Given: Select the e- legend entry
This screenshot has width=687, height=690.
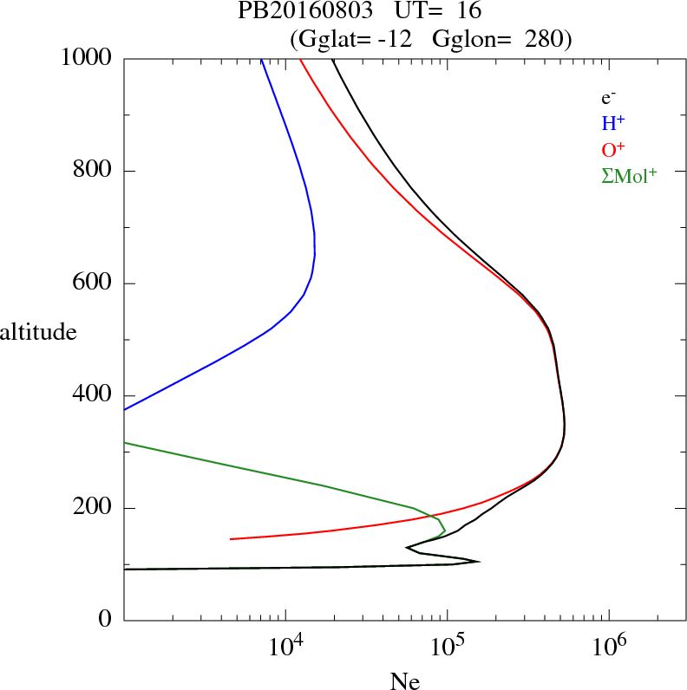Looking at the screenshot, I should click(x=608, y=98).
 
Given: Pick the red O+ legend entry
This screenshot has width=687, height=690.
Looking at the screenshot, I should click(x=612, y=150).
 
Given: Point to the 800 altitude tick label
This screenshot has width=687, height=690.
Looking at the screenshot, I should click(x=93, y=171).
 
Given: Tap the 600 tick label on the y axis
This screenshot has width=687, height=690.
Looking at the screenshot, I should click(x=93, y=283).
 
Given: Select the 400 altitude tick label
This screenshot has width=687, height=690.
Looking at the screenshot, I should click(x=93, y=395).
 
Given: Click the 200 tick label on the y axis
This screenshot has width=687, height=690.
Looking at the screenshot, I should click(x=93, y=508).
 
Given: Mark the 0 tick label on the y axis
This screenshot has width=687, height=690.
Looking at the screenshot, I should click(x=106, y=621).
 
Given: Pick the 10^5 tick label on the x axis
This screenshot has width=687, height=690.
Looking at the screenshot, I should click(x=448, y=647).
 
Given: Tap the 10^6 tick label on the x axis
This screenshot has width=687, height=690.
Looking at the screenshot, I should click(x=609, y=647).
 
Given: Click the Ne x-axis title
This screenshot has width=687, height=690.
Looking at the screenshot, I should click(x=405, y=680).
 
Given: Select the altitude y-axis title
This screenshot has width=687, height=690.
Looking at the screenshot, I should click(x=39, y=331).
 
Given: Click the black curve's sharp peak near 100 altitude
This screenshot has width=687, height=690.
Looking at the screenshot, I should click(x=479, y=562).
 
